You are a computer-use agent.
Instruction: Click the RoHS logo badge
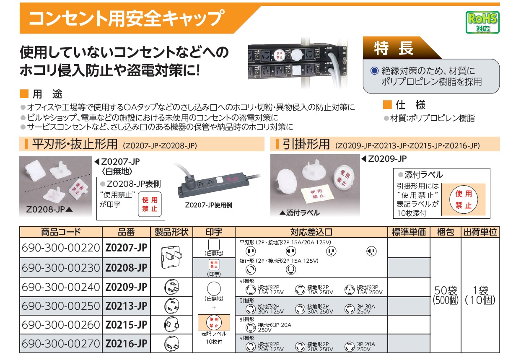[x=482, y=22]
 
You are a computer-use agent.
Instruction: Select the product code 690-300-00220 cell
[x=61, y=248]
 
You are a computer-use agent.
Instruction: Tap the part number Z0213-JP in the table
[x=126, y=306]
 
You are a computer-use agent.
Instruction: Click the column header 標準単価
[x=409, y=232]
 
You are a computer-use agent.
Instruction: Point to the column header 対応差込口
[x=311, y=232]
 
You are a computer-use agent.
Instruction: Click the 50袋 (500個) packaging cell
[x=446, y=295]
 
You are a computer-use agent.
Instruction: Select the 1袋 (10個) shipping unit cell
[x=480, y=295]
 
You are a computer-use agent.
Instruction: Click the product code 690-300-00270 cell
[x=61, y=344]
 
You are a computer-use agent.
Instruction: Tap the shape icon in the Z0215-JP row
[x=171, y=324]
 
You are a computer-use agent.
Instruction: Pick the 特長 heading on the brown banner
[x=394, y=48]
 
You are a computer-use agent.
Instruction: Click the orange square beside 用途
[x=24, y=94]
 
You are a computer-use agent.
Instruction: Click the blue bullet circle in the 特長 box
[x=374, y=70]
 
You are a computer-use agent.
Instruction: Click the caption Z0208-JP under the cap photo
[x=46, y=210]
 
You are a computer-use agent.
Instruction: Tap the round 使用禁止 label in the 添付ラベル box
[x=464, y=199]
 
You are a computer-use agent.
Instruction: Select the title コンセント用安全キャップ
[x=127, y=18]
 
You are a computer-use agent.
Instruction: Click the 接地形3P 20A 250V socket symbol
[x=251, y=327]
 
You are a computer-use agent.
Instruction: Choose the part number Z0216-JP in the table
[x=126, y=344]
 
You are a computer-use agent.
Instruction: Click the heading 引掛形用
[x=306, y=144]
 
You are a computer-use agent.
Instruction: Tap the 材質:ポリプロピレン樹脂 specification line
[x=432, y=118]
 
